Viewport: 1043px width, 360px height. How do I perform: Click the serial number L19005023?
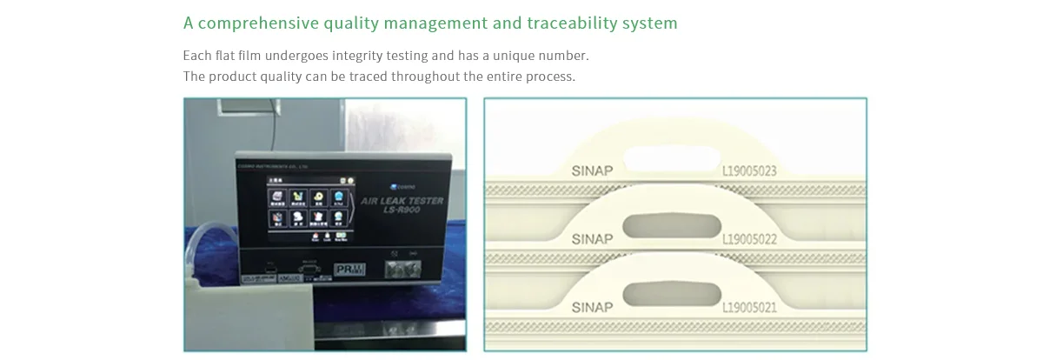(749, 171)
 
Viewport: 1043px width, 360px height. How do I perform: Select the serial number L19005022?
(749, 239)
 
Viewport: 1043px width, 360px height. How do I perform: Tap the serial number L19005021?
(749, 307)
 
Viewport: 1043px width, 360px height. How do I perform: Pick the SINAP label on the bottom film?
(592, 307)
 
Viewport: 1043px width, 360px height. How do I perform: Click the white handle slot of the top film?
(668, 158)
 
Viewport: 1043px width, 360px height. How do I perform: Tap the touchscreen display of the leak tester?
(309, 212)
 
